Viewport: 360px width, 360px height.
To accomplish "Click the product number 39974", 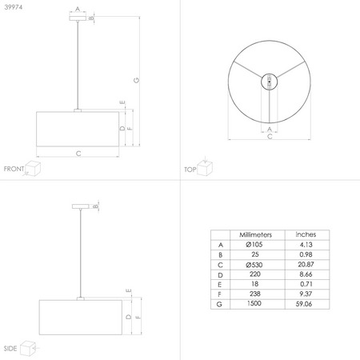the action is [14, 7].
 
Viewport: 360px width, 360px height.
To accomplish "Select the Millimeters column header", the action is [255, 234].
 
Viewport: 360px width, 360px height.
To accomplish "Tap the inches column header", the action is [306, 234].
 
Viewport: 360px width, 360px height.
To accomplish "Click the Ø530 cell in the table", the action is [254, 265].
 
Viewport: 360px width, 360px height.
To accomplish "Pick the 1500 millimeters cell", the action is [254, 303].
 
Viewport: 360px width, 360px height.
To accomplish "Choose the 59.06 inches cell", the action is [304, 304].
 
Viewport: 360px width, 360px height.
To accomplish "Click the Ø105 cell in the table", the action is [254, 244].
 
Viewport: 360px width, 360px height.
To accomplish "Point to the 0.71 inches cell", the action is [306, 284].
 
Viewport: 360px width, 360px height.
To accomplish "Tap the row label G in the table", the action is [219, 304].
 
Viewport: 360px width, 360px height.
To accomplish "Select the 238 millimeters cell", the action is [255, 294].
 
